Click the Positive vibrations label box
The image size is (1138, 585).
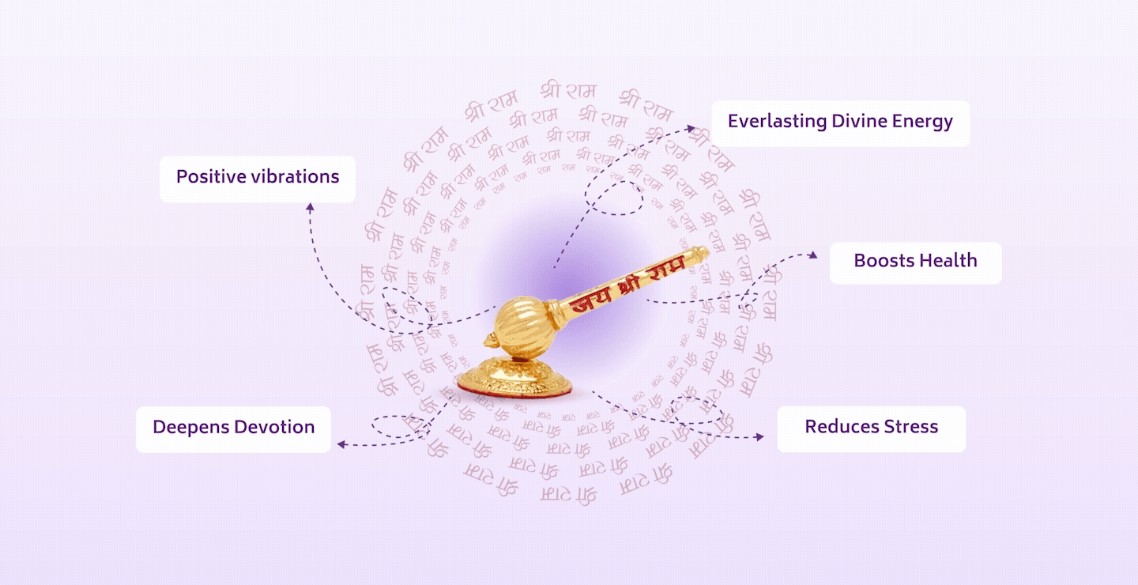pos(257,179)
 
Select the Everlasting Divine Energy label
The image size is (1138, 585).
pos(839,123)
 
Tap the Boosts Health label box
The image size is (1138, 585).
pos(915,262)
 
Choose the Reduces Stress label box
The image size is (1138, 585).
pos(871,428)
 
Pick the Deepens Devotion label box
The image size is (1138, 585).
pos(233,428)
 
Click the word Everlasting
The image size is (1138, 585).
pos(777,122)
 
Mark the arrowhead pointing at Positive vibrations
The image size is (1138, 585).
pos(310,207)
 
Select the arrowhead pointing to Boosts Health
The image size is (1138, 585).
pos(813,255)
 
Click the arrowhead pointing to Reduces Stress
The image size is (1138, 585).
pos(760,436)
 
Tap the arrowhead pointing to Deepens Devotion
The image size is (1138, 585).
pos(341,444)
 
